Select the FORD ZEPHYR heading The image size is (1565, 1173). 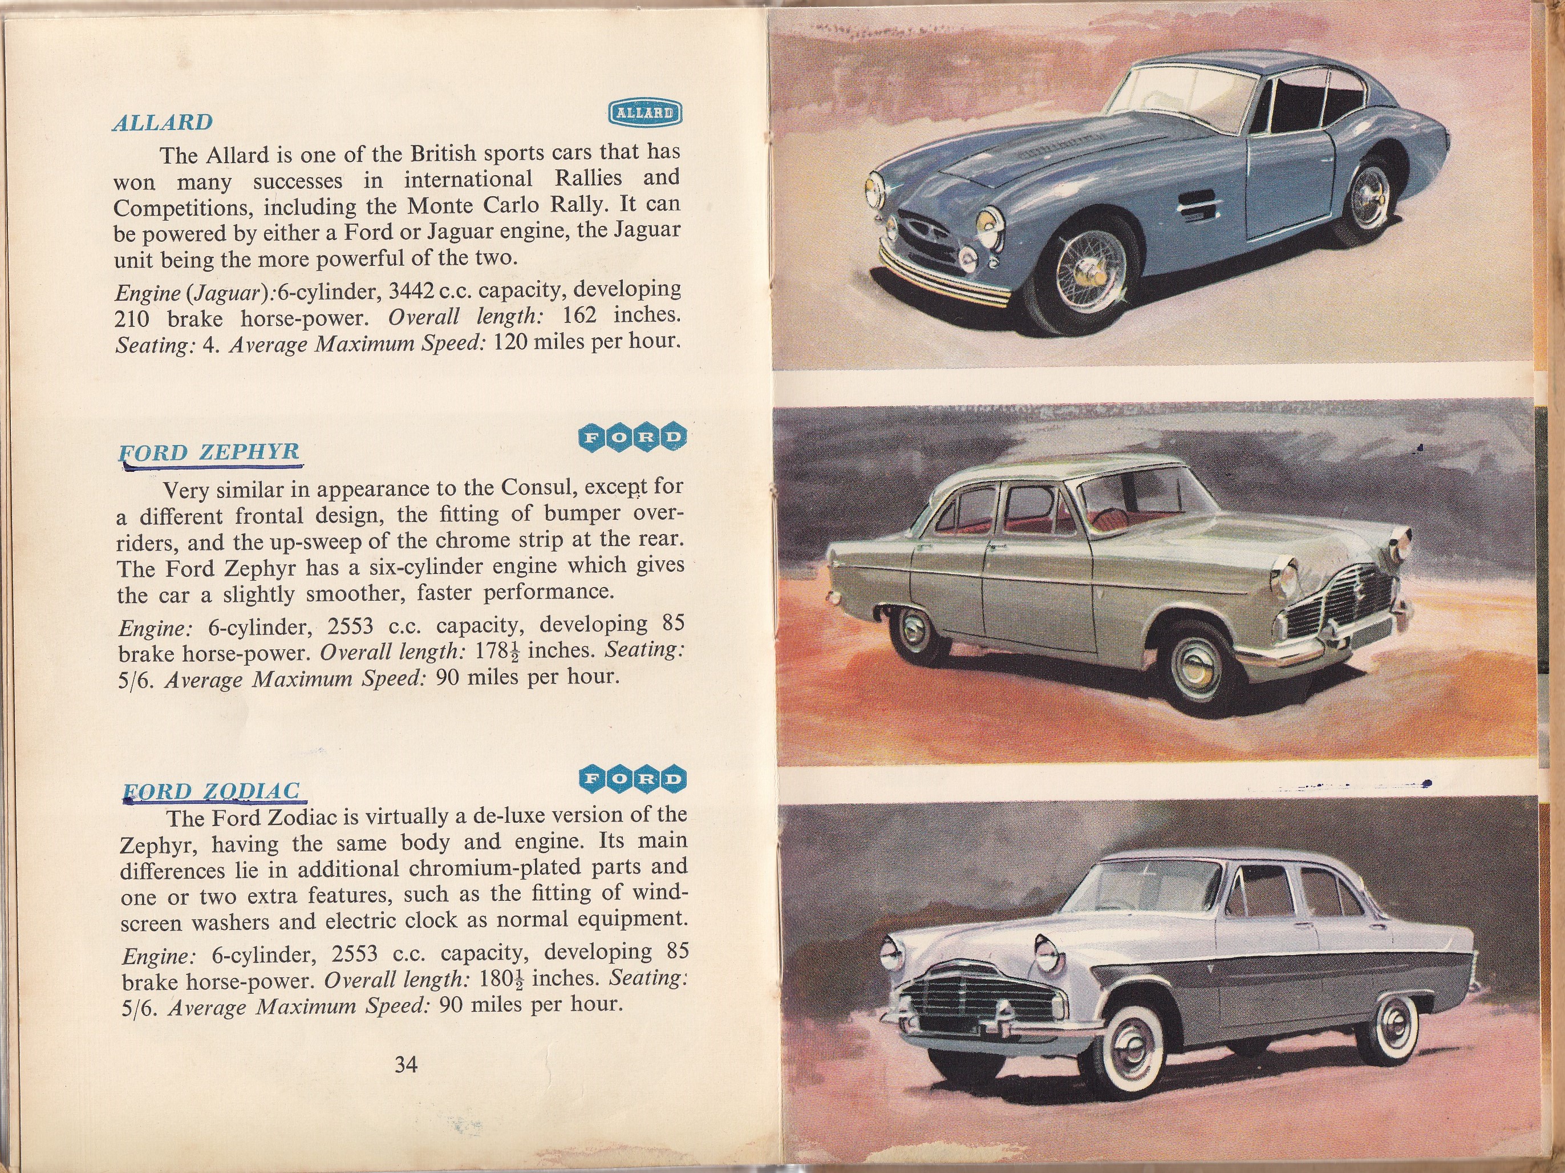pos(210,452)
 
